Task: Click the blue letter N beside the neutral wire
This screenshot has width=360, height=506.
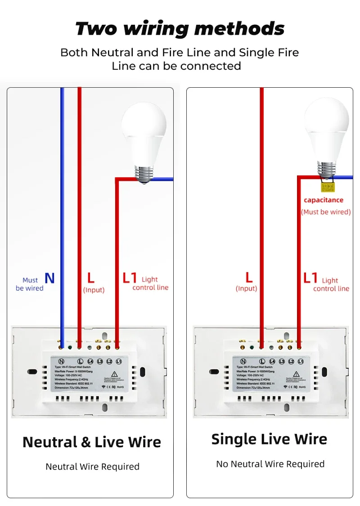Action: click(x=49, y=278)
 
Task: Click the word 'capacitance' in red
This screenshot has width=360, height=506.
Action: click(x=323, y=200)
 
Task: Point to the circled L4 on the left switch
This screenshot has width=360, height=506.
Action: click(x=90, y=361)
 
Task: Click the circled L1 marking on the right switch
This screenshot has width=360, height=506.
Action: click(x=301, y=361)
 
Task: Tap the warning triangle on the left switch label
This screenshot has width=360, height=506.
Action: click(x=114, y=373)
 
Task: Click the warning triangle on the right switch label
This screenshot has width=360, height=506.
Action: click(x=296, y=374)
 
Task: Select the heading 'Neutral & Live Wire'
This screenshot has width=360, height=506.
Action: click(x=92, y=442)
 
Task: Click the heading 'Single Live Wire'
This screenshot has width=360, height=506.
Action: click(x=269, y=439)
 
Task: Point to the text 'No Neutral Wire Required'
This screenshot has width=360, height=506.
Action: click(x=270, y=464)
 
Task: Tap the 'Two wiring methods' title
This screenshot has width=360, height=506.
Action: click(x=180, y=29)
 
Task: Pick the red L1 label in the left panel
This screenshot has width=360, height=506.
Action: click(x=130, y=278)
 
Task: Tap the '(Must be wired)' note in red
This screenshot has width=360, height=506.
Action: click(x=326, y=212)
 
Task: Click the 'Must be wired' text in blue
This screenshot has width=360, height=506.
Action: click(x=30, y=284)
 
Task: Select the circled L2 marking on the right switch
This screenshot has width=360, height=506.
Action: click(x=291, y=361)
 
